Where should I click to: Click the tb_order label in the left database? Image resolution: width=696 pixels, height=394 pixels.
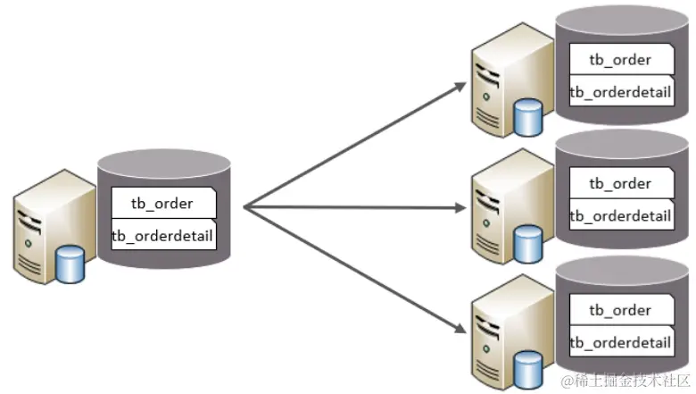(x=161, y=203)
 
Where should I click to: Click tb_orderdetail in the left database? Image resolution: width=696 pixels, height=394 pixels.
(x=161, y=236)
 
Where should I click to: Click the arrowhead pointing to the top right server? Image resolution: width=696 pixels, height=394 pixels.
(x=460, y=86)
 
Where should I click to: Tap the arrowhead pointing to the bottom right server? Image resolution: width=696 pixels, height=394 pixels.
(x=460, y=331)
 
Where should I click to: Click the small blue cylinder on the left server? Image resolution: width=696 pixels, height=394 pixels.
(x=70, y=264)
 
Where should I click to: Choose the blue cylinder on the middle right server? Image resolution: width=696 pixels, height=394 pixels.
(x=528, y=239)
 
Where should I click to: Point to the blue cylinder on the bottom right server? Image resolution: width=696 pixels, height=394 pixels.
(x=528, y=364)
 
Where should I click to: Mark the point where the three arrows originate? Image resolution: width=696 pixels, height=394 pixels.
(x=244, y=207)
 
